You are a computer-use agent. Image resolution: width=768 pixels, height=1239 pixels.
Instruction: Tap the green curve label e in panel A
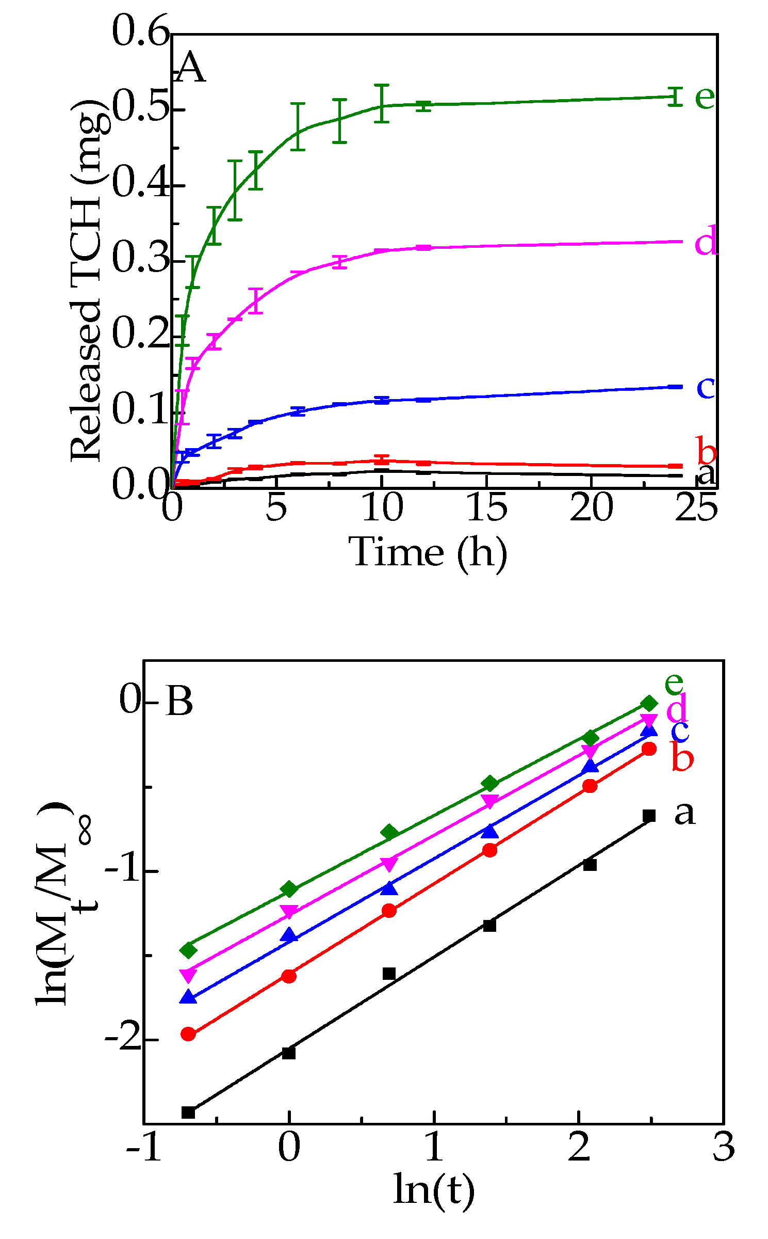tap(705, 97)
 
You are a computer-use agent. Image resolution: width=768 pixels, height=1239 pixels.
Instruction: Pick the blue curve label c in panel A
tap(705, 388)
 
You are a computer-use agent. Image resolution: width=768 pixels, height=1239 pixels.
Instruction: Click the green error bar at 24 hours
tap(675, 97)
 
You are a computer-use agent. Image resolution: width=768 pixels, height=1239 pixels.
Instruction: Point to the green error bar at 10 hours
tap(381, 103)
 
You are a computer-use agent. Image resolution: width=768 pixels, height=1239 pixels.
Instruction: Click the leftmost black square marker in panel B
tap(188, 1112)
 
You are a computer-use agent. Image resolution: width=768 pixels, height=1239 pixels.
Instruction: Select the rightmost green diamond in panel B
tap(649, 703)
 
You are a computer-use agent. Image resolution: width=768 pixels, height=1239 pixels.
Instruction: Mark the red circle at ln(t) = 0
tap(289, 976)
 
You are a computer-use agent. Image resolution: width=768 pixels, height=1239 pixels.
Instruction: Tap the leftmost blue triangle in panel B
tap(188, 997)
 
